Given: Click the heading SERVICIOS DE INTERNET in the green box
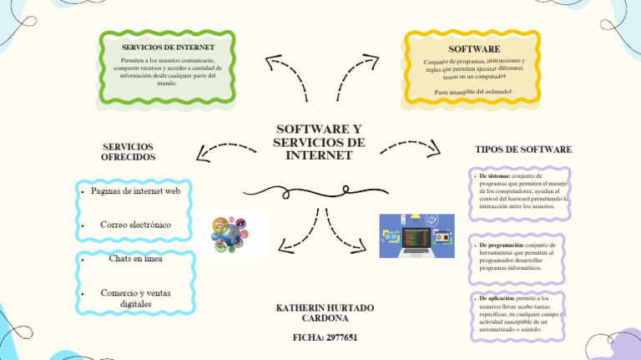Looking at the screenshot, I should [x=168, y=48].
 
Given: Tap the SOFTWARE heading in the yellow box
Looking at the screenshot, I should [x=474, y=49].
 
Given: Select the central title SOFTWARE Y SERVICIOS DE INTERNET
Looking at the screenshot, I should [x=319, y=143].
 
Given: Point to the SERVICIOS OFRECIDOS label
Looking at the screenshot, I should [x=128, y=152].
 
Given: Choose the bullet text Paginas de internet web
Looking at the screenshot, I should [x=135, y=191].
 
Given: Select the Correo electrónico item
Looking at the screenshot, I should [x=135, y=225].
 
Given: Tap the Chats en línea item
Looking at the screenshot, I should [x=135, y=258].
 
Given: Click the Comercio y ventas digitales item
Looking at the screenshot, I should [x=135, y=298].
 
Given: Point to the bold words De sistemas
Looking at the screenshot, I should [x=494, y=176].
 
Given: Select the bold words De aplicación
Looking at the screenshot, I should [x=497, y=297].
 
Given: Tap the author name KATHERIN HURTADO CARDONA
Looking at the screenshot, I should [x=325, y=313].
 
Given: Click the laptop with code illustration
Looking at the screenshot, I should [x=416, y=235].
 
